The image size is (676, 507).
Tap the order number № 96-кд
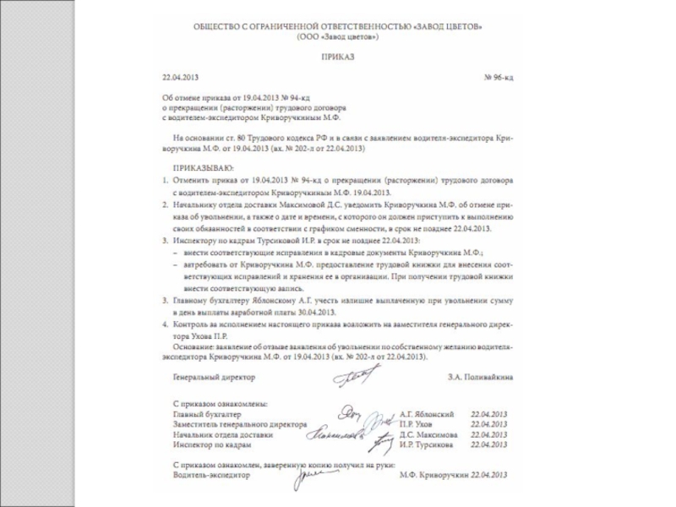tap(497, 77)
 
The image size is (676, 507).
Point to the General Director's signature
tap(348, 379)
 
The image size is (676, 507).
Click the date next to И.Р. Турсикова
tap(491, 444)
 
